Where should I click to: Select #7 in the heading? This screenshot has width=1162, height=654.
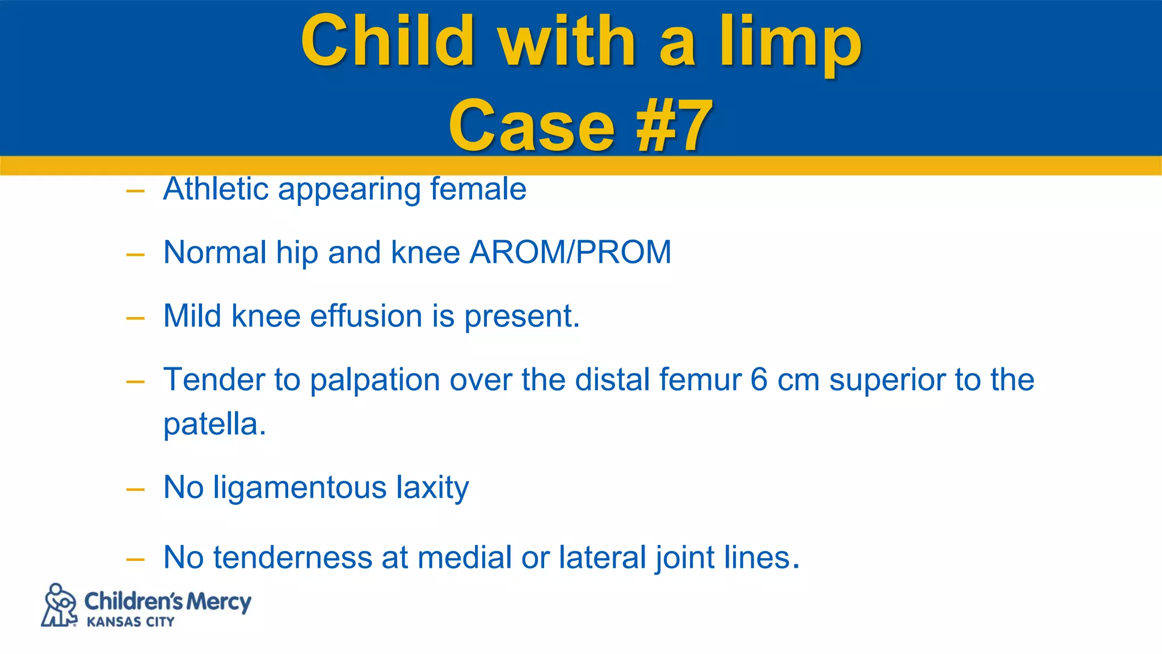[674, 126]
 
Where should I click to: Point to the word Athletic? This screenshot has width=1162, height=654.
[216, 188]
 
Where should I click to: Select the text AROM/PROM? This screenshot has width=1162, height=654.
[570, 252]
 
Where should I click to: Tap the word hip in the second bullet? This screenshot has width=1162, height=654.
[297, 253]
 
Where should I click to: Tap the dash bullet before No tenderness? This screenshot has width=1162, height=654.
[136, 560]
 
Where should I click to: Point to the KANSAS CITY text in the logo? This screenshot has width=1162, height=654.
[130, 622]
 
